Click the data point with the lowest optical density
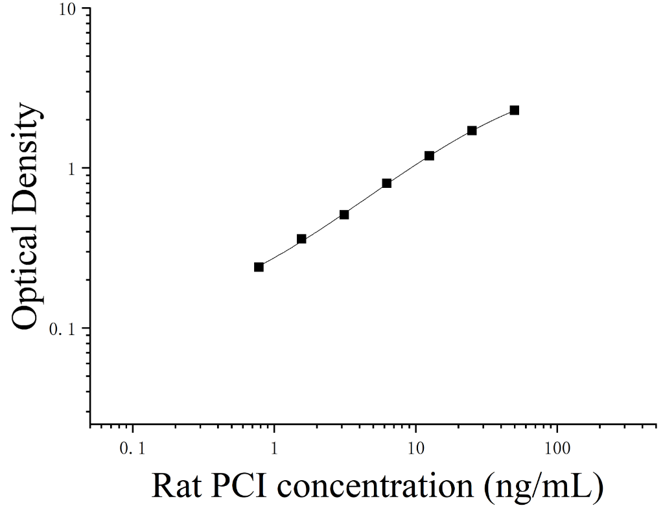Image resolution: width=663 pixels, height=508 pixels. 259,267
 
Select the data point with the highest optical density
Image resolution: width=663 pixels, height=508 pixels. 514,110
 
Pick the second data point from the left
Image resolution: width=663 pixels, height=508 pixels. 301,239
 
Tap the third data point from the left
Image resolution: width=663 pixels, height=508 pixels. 344,214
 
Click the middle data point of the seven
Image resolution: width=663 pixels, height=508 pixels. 386,183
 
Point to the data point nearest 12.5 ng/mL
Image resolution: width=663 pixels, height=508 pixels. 429,156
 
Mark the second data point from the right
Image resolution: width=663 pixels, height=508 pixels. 472,131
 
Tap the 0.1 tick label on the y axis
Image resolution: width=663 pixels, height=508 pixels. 63,329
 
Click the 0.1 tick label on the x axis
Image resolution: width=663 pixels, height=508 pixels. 132,448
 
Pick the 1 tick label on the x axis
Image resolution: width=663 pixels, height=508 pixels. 274,448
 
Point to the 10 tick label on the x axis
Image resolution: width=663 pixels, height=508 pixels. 415,448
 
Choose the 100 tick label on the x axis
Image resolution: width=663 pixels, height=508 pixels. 557,448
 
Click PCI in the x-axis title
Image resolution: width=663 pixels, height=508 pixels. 240,486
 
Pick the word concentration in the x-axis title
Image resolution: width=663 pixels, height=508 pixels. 375,487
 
